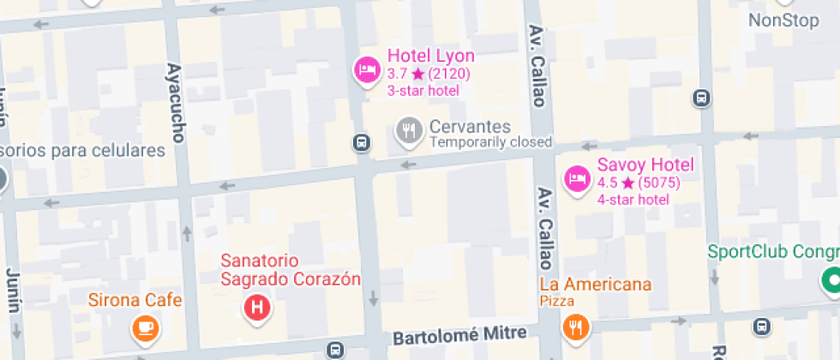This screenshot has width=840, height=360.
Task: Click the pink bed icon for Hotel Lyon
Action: [x=368, y=69]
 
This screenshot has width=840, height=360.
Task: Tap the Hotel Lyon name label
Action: [x=430, y=57]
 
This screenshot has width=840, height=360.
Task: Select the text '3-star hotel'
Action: [x=423, y=91]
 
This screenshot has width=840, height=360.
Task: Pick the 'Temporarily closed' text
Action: [x=490, y=142]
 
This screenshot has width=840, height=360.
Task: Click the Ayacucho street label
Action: [x=177, y=103]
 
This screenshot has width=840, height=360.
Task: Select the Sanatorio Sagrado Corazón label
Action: [x=291, y=269]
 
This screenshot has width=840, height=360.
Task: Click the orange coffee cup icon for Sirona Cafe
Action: [x=144, y=327]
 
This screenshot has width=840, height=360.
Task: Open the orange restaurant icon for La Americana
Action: [x=575, y=327]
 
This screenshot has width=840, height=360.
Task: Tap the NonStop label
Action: [x=783, y=21]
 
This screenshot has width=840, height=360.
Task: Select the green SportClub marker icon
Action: [x=831, y=279]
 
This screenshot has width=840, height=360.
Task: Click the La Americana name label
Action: [x=595, y=285]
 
